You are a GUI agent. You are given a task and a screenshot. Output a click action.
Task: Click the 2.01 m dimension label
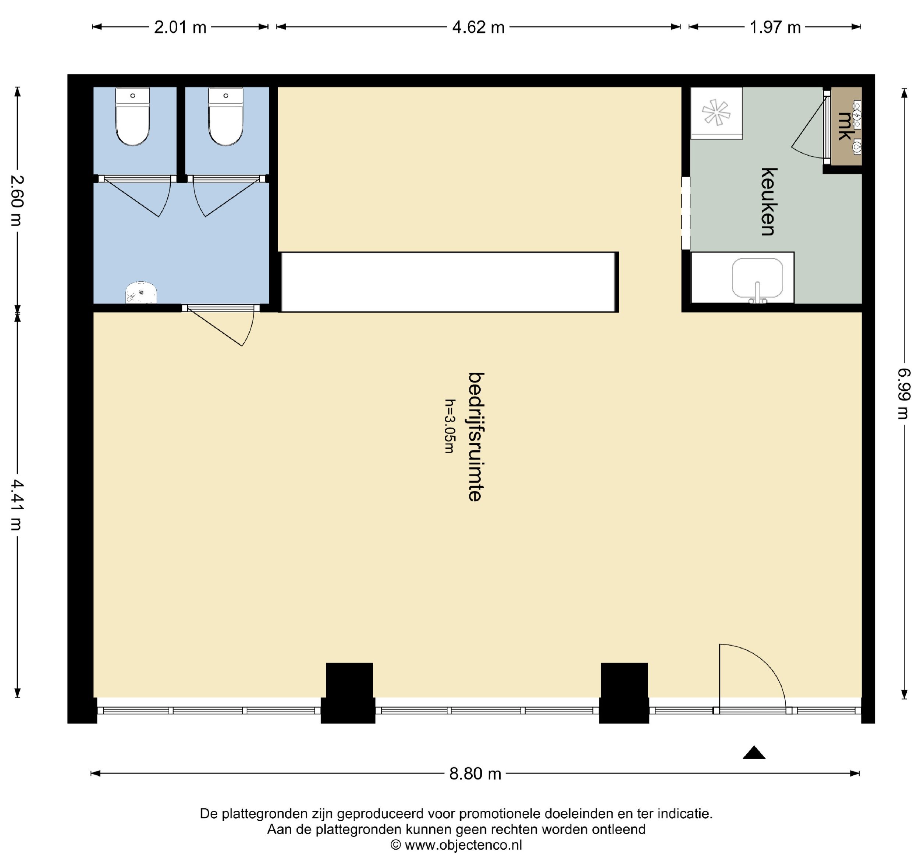click(x=180, y=27)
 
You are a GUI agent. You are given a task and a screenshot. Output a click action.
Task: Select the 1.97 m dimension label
click(x=775, y=27)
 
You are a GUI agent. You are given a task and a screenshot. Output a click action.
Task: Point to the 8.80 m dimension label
click(x=475, y=774)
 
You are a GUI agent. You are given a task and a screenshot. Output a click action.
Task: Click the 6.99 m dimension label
click(x=904, y=394)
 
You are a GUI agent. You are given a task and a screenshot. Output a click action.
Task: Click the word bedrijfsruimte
click(x=476, y=437)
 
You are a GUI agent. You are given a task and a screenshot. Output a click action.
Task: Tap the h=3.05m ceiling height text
click(x=449, y=426)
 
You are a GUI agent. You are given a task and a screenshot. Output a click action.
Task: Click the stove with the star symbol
click(x=717, y=113)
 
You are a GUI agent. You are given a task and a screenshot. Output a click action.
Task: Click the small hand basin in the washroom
click(x=141, y=292)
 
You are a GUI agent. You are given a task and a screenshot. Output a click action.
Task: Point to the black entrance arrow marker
click(x=754, y=753)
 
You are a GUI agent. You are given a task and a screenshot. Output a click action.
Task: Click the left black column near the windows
click(x=349, y=693)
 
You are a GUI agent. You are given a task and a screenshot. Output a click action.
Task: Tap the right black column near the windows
click(x=624, y=693)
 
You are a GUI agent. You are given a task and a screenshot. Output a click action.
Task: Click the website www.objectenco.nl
click(x=463, y=845)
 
